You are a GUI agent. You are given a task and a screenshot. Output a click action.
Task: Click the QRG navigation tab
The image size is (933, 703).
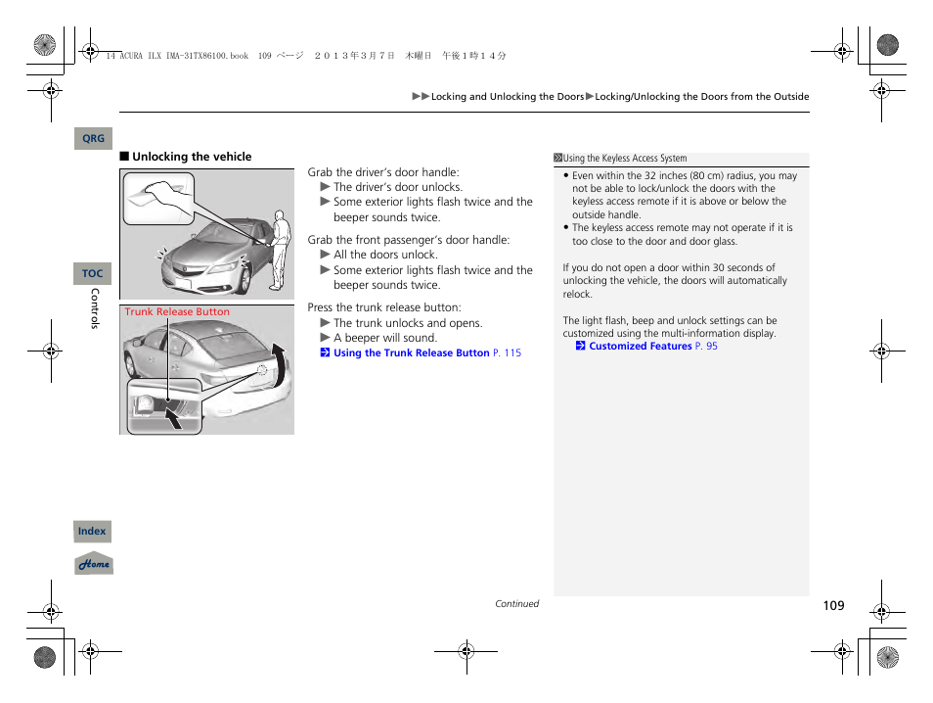click(x=93, y=139)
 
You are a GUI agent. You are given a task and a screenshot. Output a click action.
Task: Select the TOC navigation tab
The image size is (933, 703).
click(x=93, y=274)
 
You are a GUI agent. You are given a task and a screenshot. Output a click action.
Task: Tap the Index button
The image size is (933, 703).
click(x=92, y=532)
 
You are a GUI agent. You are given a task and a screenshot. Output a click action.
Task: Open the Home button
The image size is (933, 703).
click(x=94, y=564)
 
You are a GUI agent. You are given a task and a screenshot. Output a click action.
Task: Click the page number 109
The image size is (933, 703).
click(x=832, y=606)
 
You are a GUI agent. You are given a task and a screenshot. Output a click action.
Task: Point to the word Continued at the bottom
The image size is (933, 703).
click(x=516, y=604)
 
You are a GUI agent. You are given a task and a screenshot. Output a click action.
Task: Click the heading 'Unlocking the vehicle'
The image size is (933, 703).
click(x=192, y=157)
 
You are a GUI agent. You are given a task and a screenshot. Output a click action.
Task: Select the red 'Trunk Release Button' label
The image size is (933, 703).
click(x=177, y=312)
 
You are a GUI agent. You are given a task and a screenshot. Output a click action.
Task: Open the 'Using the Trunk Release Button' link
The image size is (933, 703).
click(x=411, y=353)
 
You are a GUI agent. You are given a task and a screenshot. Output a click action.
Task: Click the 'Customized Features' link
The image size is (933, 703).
click(x=640, y=347)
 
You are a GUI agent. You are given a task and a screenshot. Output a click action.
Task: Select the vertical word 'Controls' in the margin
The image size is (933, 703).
click(x=95, y=308)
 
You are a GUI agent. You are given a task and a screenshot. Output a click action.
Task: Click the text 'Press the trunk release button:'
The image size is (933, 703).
click(x=384, y=307)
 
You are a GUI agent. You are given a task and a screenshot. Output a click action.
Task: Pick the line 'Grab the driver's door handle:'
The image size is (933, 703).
click(x=383, y=172)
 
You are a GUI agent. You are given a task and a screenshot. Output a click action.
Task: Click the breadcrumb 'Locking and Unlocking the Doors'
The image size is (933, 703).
click(x=508, y=97)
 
